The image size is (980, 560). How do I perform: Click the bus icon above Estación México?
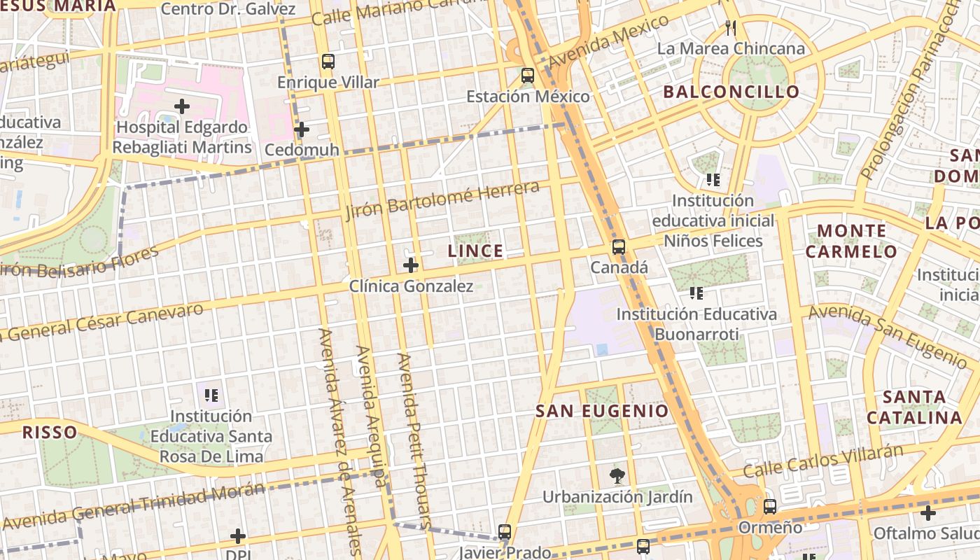click(x=528, y=76)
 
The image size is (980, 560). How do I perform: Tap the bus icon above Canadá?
click(x=618, y=247)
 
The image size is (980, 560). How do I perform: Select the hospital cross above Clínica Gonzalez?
click(x=411, y=265)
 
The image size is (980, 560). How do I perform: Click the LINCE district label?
click(x=475, y=251)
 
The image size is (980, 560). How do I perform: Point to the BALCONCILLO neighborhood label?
click(x=731, y=92)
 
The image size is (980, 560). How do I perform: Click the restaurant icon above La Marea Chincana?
click(x=731, y=28)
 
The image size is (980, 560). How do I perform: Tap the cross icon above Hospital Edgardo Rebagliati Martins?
click(x=182, y=106)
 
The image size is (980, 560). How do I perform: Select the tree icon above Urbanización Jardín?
click(x=617, y=477)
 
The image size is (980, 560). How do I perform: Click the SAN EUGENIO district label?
click(x=602, y=411)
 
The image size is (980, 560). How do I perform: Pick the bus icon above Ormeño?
click(x=770, y=507)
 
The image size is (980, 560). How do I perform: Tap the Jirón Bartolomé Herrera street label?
click(x=442, y=199)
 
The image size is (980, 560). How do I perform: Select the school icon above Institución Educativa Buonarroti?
click(x=696, y=293)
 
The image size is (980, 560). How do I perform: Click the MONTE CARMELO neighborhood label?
click(x=856, y=241)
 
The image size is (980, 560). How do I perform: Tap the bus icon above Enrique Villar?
click(x=328, y=61)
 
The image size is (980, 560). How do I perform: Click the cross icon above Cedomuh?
click(x=302, y=129)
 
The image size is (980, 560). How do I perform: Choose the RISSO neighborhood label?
click(x=49, y=432)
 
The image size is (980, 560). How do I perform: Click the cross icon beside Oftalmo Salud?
click(x=928, y=513)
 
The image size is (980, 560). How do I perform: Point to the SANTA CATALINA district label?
click(x=914, y=407)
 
